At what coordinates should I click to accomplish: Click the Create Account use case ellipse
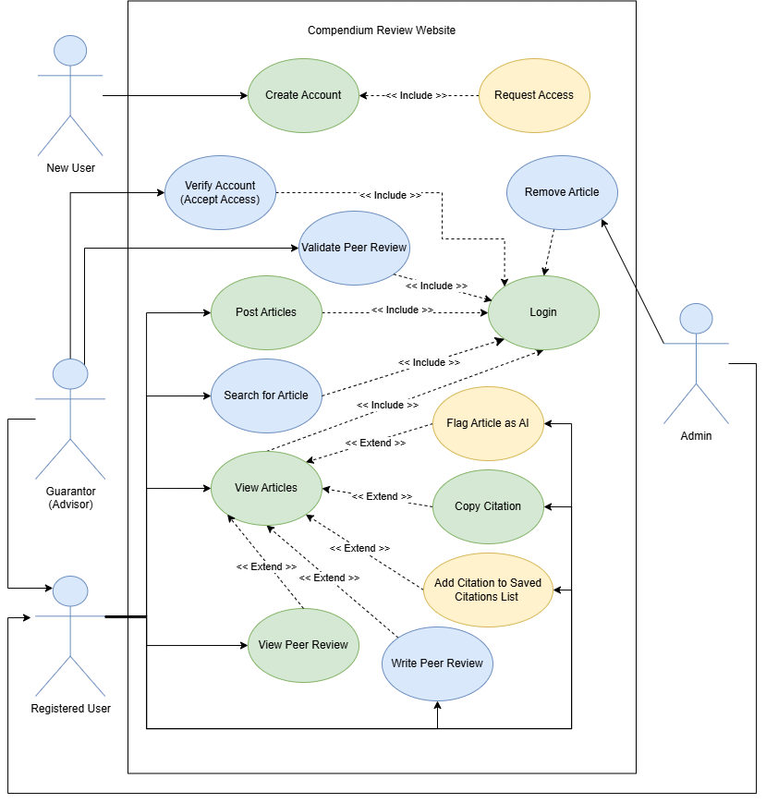303,95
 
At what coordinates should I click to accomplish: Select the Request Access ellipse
534,95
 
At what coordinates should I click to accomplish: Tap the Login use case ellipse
543,312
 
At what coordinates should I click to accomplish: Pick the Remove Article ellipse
562,192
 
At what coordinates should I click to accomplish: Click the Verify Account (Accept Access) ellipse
220,192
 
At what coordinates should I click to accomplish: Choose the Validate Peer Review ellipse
354,248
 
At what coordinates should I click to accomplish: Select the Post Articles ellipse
266,312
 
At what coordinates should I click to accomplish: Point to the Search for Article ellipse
266,395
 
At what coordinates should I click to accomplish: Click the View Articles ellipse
266,488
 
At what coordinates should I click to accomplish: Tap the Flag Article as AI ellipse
488,423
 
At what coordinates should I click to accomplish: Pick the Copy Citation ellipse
488,506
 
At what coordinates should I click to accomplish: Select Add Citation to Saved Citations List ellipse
488,590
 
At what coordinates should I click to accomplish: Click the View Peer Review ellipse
303,645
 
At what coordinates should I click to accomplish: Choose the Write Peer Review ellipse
437,663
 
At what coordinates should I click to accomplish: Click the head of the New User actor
70,50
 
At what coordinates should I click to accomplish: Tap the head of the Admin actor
697,319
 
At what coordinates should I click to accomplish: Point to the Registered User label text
70,709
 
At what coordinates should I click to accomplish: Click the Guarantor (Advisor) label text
70,497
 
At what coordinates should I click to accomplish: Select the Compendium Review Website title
382,30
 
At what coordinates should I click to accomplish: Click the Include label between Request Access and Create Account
416,95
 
